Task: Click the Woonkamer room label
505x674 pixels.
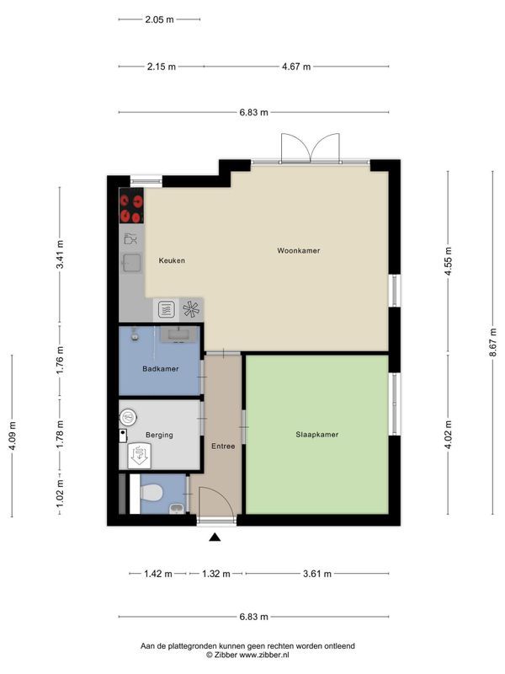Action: (x=299, y=250)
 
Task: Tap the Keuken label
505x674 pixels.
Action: (x=172, y=260)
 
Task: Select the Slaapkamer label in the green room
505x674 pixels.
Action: (x=317, y=435)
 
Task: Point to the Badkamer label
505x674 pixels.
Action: (x=160, y=369)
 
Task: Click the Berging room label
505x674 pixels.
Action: (x=159, y=435)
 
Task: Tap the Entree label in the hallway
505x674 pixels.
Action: (x=223, y=447)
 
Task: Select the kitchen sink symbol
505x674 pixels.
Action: (x=131, y=263)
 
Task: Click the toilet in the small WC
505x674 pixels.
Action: (x=150, y=492)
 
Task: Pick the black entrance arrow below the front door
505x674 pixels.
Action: (x=215, y=537)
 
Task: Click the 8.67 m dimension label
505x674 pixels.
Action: (x=493, y=342)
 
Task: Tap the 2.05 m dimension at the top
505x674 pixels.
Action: (x=159, y=19)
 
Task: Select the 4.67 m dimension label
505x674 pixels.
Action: (x=296, y=67)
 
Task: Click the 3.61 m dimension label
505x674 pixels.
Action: (x=317, y=574)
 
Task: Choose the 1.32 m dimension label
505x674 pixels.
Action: (x=216, y=574)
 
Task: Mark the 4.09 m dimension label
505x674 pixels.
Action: (x=12, y=436)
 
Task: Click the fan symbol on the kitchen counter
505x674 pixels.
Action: (x=191, y=309)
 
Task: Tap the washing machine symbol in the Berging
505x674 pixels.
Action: (x=138, y=455)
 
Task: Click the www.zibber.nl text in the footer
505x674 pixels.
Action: (x=264, y=655)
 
